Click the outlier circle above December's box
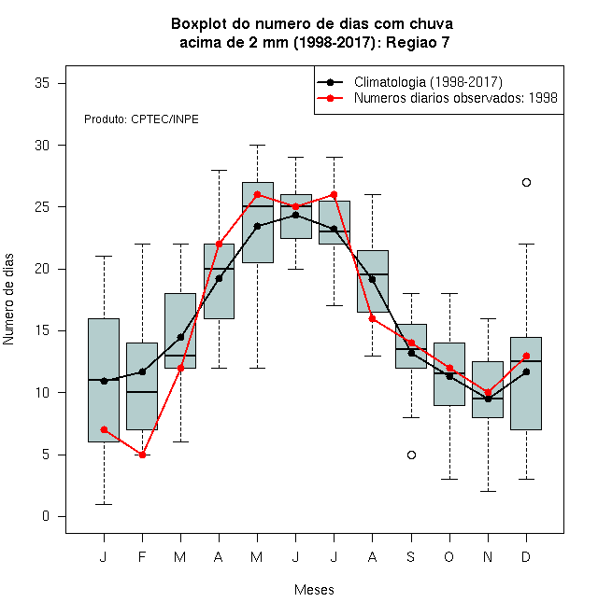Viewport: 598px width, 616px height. coord(526,182)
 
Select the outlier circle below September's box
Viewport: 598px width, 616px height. coord(411,455)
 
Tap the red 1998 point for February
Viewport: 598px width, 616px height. coord(142,455)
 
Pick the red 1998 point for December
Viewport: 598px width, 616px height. coord(526,356)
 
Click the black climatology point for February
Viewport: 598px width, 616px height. coord(142,371)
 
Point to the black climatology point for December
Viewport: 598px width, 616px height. coord(526,371)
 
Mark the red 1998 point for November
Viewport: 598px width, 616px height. coord(489,392)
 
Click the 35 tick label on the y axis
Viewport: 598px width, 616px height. coord(42,83)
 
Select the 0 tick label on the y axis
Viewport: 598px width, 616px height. coord(46,516)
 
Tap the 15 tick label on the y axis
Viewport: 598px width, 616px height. coord(42,330)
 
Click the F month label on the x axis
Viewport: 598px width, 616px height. coord(142,556)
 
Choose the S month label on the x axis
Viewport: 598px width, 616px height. coord(411,556)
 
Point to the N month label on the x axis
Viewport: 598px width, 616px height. coord(488,556)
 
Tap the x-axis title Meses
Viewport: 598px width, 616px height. coord(314,590)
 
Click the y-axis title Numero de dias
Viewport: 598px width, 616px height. coord(8,300)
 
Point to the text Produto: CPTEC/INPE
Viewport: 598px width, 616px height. coord(141,119)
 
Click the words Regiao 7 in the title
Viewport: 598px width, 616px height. coord(418,42)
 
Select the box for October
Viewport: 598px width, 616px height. coord(449,374)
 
